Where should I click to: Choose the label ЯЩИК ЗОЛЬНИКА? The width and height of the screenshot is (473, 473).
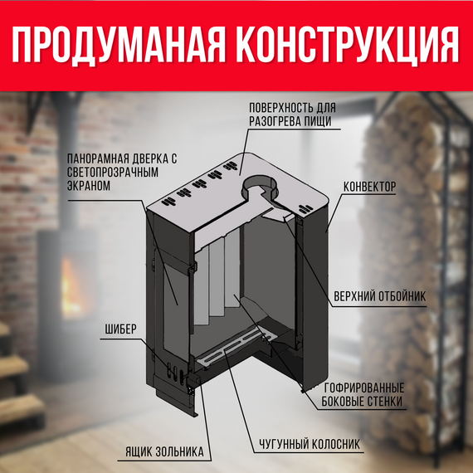163,452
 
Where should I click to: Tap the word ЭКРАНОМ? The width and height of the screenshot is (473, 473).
86,186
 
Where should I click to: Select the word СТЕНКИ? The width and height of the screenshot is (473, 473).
386,402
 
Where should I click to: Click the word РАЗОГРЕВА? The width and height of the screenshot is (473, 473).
275,121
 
